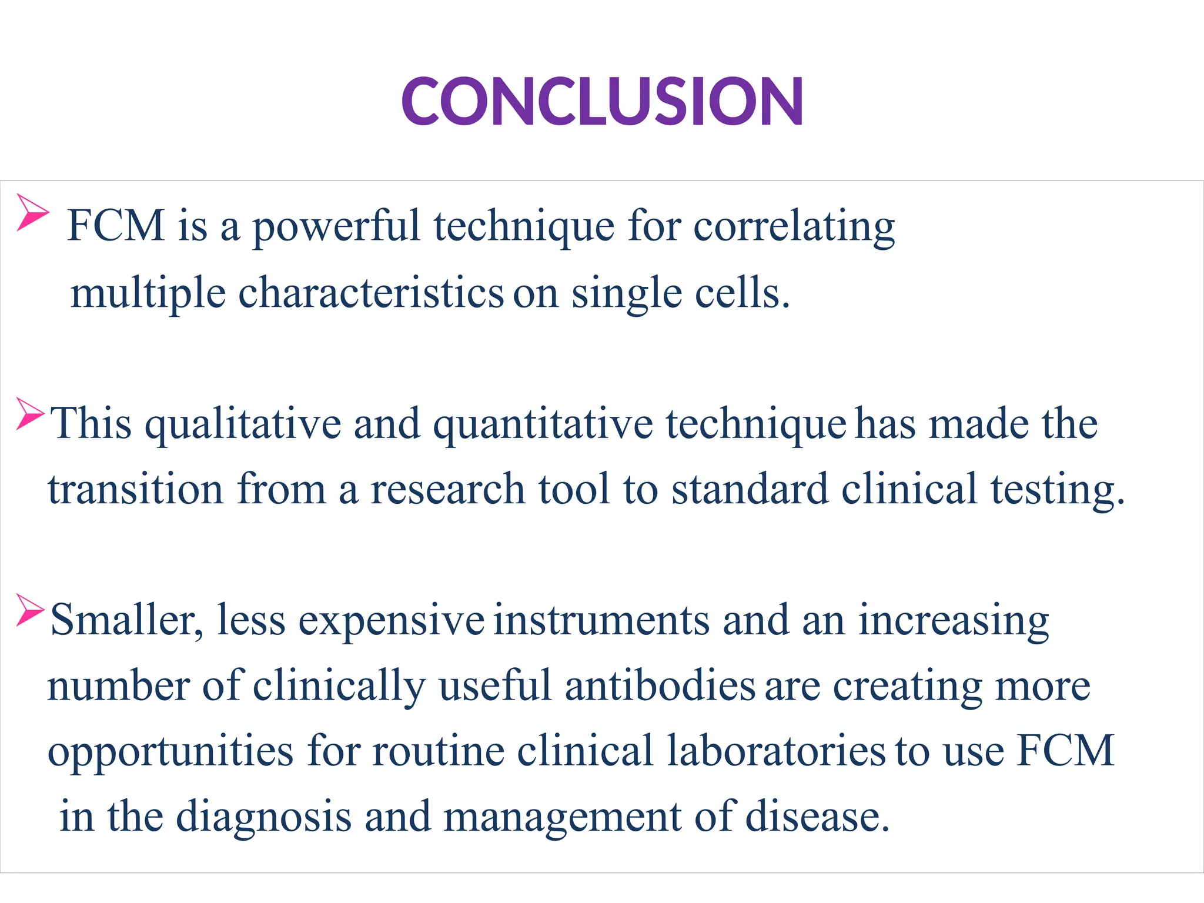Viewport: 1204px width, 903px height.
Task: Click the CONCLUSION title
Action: pos(602,101)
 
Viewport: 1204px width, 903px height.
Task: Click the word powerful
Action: pos(336,228)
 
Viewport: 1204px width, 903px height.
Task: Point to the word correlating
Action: pos(794,228)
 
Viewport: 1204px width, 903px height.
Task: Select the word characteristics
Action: pos(371,293)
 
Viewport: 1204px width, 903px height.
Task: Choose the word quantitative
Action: pos(543,425)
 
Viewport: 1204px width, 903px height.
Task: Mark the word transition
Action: pos(135,490)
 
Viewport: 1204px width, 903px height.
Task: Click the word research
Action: pos(447,490)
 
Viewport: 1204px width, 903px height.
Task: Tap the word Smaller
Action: pos(126,621)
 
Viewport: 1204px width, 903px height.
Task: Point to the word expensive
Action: pos(391,622)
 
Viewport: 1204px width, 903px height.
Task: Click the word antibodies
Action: pos(660,687)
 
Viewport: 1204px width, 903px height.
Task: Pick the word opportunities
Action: pos(170,753)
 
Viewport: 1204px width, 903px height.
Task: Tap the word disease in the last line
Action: pos(817,817)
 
